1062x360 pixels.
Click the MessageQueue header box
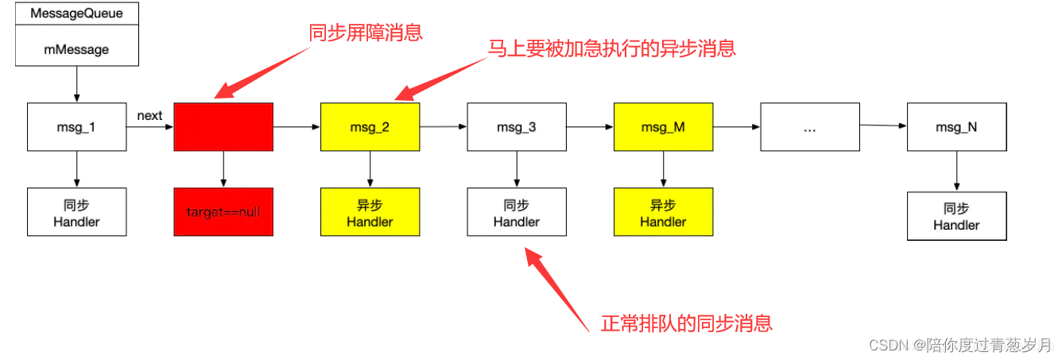pyautogui.click(x=76, y=14)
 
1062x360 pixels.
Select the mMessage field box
pyautogui.click(x=76, y=49)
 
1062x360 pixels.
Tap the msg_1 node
pyautogui.click(x=76, y=126)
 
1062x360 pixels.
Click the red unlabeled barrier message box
pyautogui.click(x=223, y=126)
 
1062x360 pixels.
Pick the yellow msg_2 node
pyautogui.click(x=370, y=126)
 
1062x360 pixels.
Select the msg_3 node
pyautogui.click(x=517, y=126)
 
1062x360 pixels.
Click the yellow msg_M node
pyautogui.click(x=663, y=126)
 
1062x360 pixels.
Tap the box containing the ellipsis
pyautogui.click(x=809, y=126)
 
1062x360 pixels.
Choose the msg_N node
pyautogui.click(x=956, y=126)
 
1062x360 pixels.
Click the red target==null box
pyautogui.click(x=223, y=212)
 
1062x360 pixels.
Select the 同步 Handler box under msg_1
pyautogui.click(x=76, y=212)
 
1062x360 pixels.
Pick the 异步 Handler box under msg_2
pyautogui.click(x=370, y=212)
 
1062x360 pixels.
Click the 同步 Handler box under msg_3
pyautogui.click(x=517, y=212)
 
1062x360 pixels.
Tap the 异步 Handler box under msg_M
pyautogui.click(x=663, y=212)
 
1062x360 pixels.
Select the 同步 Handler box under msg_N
pyautogui.click(x=956, y=215)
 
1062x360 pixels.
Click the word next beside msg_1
pyautogui.click(x=149, y=116)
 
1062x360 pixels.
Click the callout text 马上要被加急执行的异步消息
pyautogui.click(x=611, y=48)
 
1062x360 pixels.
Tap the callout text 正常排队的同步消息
pyautogui.click(x=686, y=323)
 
